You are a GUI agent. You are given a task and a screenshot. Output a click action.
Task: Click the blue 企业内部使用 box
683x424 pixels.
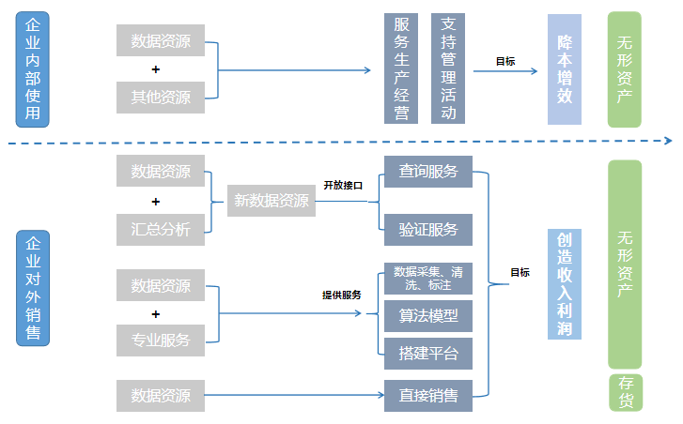[x=32, y=69]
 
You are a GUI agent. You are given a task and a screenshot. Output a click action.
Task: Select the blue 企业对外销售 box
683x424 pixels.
[x=32, y=288]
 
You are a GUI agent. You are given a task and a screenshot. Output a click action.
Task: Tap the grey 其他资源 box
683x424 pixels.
[x=161, y=97]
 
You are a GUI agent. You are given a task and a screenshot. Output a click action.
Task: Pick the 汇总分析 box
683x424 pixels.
[x=161, y=229]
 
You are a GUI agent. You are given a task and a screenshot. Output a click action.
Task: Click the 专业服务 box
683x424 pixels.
[x=161, y=340]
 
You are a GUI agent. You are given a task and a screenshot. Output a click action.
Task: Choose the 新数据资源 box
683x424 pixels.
[x=272, y=201]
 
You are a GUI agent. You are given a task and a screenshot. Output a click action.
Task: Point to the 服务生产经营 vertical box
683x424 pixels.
[x=401, y=69]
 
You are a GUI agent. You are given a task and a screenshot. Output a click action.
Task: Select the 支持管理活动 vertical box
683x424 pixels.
[x=448, y=69]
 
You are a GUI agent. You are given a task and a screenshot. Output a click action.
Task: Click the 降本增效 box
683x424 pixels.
[x=564, y=69]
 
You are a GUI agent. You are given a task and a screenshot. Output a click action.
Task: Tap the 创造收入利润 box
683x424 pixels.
[x=564, y=284]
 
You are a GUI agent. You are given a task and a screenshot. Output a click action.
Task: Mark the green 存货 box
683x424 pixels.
[x=625, y=392]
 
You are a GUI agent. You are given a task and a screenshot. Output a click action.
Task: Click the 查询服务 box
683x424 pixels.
[x=427, y=171]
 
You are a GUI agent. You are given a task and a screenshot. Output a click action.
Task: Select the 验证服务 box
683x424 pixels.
[x=427, y=229]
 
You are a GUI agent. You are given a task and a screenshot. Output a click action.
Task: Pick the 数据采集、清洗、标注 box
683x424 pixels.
[x=427, y=279]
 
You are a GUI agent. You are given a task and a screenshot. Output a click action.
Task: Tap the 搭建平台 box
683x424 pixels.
[x=427, y=353]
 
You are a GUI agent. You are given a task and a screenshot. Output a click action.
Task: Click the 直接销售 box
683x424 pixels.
[x=427, y=396]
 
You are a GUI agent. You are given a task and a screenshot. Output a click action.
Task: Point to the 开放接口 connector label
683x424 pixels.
[x=343, y=186]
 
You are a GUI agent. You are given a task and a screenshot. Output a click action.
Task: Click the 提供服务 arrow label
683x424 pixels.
[x=342, y=295]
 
